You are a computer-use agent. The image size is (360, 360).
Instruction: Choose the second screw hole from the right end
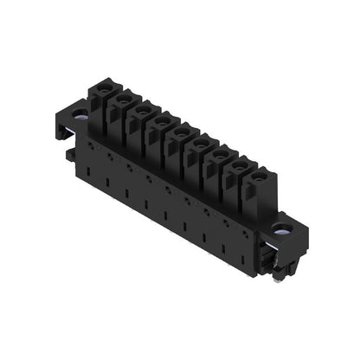[240, 164]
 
